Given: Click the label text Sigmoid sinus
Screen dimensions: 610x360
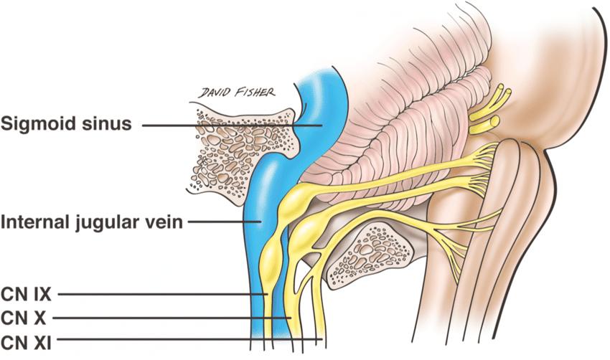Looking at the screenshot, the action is (x=67, y=124).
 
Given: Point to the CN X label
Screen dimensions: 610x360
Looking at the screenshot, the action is (x=20, y=316).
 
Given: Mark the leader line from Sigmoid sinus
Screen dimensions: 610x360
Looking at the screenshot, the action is (x=230, y=125).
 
